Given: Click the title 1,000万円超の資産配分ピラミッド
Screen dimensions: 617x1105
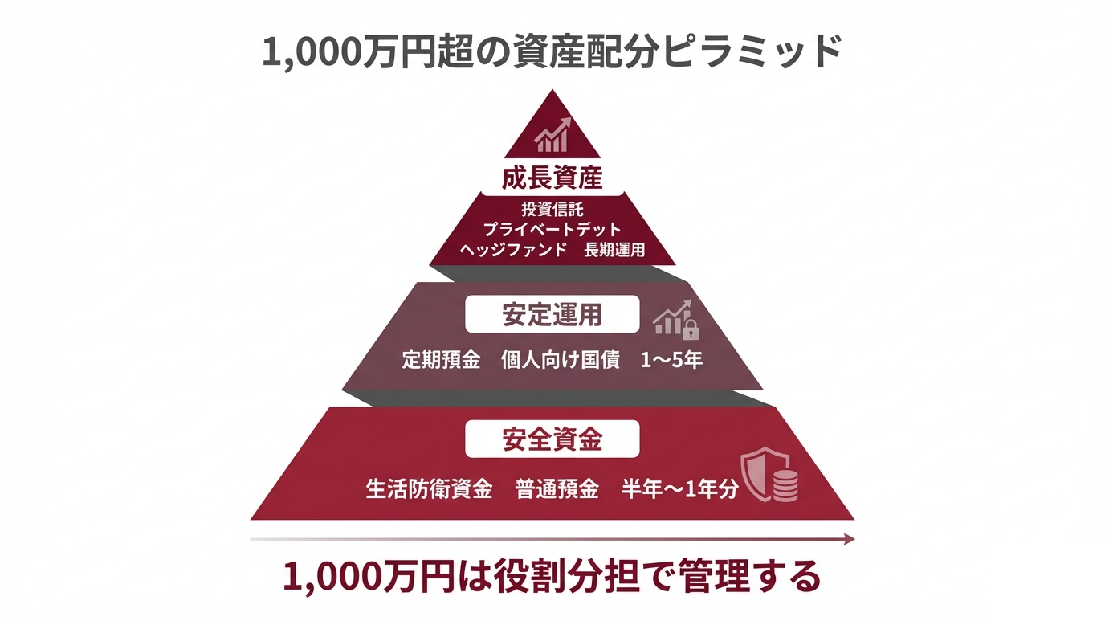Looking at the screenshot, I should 552,54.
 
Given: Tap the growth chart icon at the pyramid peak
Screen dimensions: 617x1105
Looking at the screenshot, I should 552,134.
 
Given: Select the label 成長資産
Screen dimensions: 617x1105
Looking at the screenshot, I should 552,178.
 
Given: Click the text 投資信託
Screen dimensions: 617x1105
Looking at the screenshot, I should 552,210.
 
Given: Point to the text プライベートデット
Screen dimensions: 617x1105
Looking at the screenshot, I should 552,230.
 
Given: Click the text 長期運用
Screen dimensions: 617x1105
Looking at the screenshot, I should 614,250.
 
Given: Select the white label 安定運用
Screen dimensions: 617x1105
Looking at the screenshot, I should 552,315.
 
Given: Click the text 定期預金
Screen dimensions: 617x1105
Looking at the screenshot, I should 441,360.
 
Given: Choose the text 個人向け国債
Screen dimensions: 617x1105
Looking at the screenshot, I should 561,360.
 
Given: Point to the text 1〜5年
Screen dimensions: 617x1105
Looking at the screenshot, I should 671,360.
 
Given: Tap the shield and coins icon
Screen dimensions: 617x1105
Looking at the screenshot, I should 769,475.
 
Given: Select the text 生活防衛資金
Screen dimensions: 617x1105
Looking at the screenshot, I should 429,489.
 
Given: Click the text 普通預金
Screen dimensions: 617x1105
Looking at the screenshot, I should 557,489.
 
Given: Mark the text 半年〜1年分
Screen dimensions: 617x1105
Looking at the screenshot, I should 679,489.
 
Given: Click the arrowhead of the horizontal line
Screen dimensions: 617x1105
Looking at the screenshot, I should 850,540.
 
